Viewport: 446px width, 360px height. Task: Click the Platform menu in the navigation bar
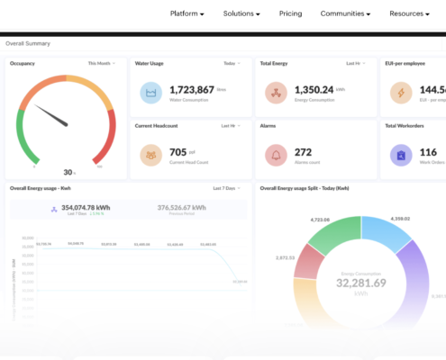pos(187,13)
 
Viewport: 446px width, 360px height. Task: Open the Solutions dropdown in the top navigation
pos(241,13)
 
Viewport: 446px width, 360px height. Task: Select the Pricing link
pos(290,13)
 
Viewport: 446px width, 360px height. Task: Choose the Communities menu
pos(344,13)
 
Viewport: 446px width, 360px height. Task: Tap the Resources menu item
pos(411,13)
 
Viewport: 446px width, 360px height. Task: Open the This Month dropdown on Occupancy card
pos(100,64)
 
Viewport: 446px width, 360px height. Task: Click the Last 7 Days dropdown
pos(227,189)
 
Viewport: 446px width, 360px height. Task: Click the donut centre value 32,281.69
pos(361,282)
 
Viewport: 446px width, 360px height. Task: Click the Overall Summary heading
pos(28,43)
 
